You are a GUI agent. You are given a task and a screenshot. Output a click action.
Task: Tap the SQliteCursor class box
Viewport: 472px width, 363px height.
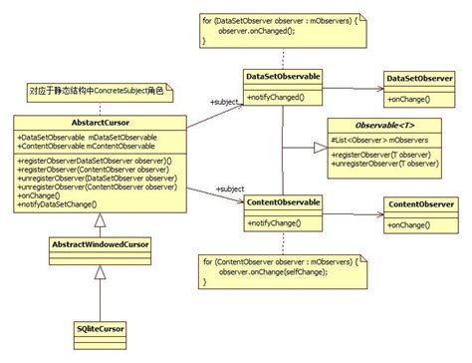point(100,328)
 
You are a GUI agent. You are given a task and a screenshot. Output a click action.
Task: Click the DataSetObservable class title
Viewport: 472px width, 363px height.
point(282,76)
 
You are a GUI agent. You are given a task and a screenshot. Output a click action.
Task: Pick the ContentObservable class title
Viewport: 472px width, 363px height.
point(282,203)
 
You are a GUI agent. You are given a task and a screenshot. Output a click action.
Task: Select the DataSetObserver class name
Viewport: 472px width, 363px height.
point(420,77)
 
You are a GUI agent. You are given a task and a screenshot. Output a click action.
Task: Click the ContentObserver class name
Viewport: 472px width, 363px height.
point(420,204)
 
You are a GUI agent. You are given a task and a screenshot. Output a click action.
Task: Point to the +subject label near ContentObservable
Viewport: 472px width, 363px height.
point(227,188)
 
